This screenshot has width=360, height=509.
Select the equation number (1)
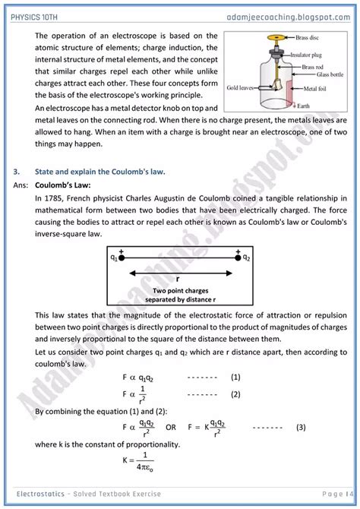tap(235, 377)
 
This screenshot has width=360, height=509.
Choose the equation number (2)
tap(235, 394)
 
